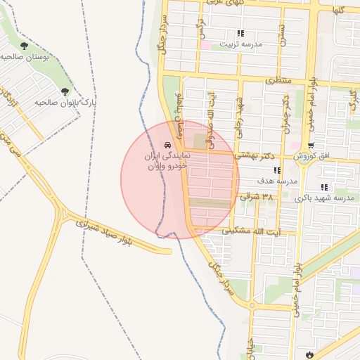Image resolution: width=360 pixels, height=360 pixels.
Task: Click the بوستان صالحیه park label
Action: (25, 57)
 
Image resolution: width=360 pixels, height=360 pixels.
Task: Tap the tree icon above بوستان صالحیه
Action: (24, 46)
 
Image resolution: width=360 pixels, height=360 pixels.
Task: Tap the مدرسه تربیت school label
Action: (241, 44)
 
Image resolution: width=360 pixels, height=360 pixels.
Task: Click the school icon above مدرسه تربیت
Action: (240, 33)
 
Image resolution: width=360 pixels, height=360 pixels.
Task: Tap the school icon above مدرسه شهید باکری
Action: (324, 187)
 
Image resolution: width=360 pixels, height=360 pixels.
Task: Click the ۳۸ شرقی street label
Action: (256, 198)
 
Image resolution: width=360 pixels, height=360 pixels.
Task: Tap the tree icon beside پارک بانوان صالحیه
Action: (65, 92)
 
